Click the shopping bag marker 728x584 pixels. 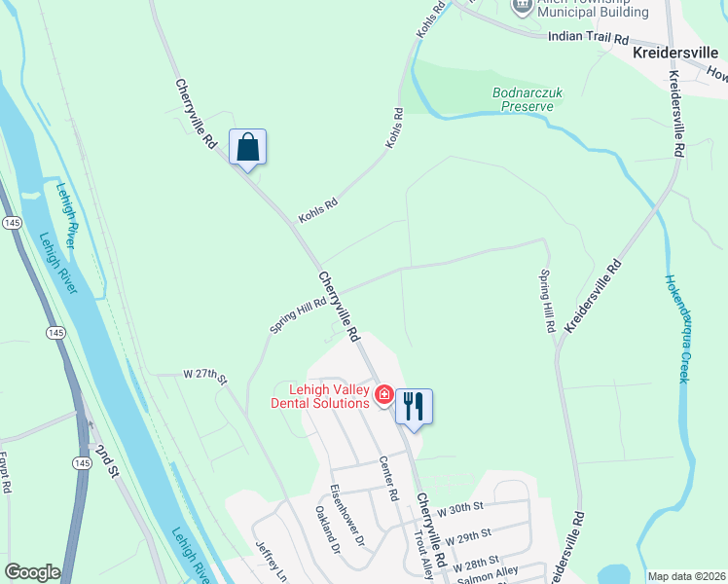point(248,148)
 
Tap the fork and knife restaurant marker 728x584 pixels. point(414,407)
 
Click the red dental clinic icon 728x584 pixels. point(384,394)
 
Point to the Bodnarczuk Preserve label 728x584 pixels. point(527,98)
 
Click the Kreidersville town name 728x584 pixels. point(678,54)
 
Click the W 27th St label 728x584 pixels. point(204,375)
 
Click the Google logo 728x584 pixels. point(32,572)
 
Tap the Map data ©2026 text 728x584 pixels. point(685,576)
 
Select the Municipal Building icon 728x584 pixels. point(523,6)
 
